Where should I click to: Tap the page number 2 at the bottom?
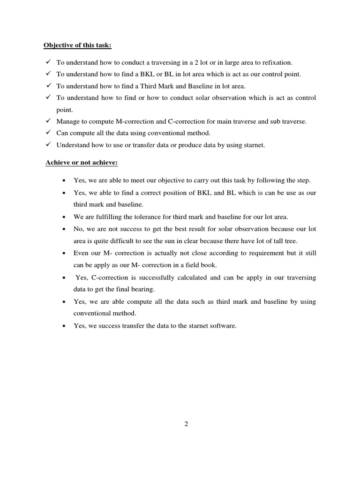pos(186,424)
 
